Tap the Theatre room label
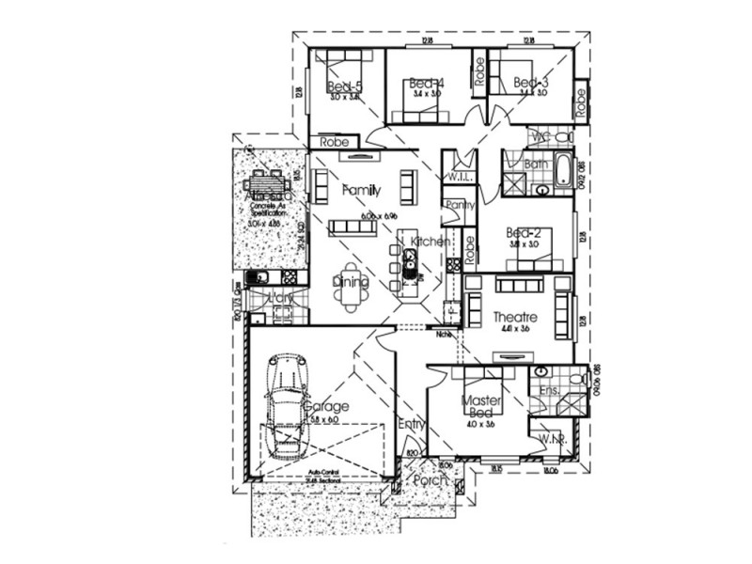[x=512, y=318]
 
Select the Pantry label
[x=461, y=204]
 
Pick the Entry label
[x=411, y=424]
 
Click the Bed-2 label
[x=523, y=232]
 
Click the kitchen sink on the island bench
[x=412, y=268]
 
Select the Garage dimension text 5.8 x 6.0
[x=329, y=420]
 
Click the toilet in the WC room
[x=563, y=137]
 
